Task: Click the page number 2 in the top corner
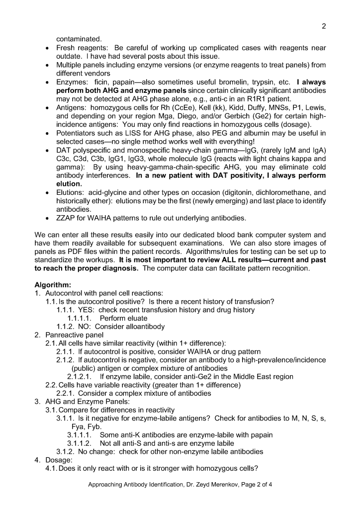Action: click(x=323, y=26)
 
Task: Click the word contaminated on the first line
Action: click(x=79, y=38)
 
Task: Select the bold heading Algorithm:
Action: click(x=53, y=285)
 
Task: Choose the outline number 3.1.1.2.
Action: click(x=81, y=443)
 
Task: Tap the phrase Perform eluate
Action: click(x=123, y=318)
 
